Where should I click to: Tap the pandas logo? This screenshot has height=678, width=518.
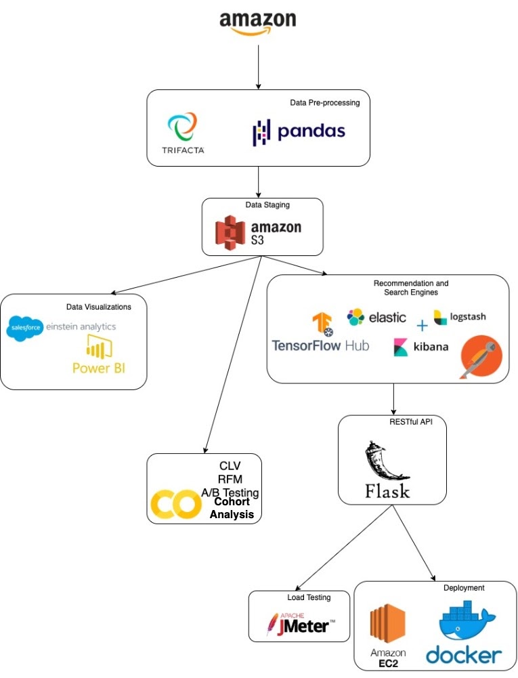pyautogui.click(x=298, y=131)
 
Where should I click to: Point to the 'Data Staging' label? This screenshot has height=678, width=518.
pyautogui.click(x=267, y=204)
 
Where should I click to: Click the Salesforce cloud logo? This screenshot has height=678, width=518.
pyautogui.click(x=24, y=328)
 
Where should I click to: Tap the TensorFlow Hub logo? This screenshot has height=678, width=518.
pyautogui.click(x=320, y=335)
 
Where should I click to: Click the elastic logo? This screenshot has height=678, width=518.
pyautogui.click(x=376, y=316)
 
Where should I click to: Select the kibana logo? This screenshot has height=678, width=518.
pyautogui.click(x=420, y=347)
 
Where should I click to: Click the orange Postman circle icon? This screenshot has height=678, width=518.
pyautogui.click(x=481, y=356)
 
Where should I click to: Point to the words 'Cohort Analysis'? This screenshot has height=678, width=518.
pyautogui.click(x=232, y=508)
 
